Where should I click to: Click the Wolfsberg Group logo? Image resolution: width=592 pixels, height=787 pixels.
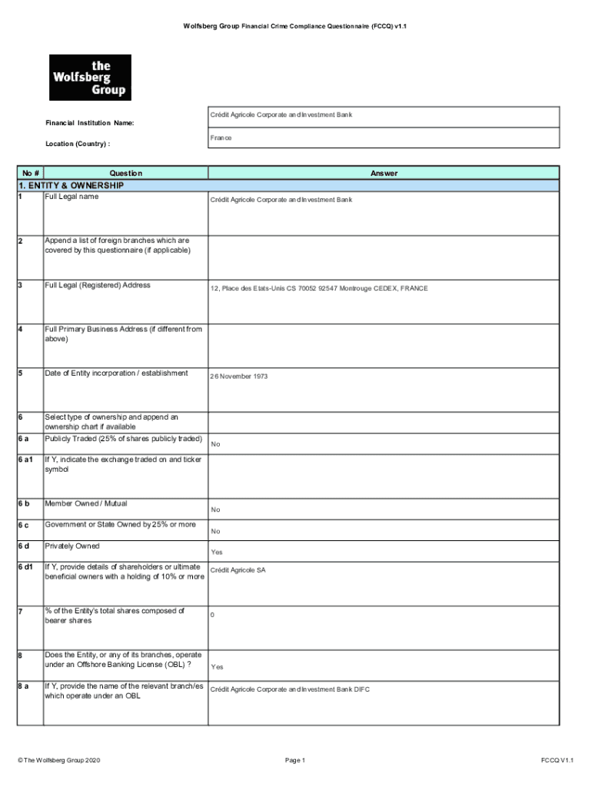[x=90, y=77]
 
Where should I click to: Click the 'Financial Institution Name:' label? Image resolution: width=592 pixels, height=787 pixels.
[x=89, y=123]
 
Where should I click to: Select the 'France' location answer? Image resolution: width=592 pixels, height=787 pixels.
[x=221, y=138]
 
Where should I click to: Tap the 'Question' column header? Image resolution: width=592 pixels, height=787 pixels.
[x=125, y=173]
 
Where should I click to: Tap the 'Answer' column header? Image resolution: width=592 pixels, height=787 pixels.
[x=384, y=173]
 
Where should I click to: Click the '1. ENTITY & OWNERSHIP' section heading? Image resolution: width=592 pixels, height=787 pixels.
[x=70, y=185]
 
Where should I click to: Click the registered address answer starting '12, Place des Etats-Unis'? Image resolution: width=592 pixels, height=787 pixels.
[x=319, y=288]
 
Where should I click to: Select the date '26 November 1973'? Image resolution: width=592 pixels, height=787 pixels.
[x=239, y=377]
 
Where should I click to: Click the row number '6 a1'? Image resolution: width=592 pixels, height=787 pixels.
[x=26, y=460]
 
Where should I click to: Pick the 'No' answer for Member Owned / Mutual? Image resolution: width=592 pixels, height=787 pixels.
[x=215, y=510]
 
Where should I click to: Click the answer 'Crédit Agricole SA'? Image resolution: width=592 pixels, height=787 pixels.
[x=238, y=570]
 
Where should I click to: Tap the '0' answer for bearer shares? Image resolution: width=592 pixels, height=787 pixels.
[x=212, y=615]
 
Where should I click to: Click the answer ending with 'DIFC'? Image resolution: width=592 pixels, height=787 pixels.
[x=290, y=689]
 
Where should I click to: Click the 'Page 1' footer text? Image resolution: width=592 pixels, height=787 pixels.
[x=295, y=760]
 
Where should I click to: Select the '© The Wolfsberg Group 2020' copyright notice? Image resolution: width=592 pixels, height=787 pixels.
[x=58, y=760]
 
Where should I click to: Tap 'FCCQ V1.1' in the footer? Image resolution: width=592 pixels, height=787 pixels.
[x=557, y=760]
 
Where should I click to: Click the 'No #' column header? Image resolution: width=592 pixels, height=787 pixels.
[x=31, y=173]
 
